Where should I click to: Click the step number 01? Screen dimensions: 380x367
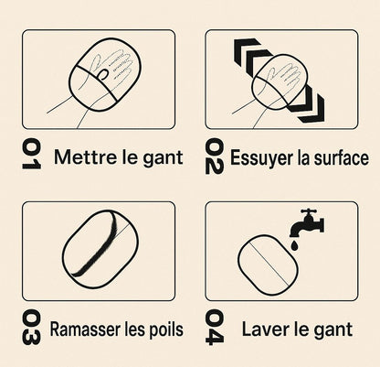click(31, 154)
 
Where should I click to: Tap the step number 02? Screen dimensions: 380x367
click(215, 157)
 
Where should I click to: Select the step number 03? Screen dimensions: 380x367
click(31, 328)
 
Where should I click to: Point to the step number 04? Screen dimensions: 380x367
click(215, 327)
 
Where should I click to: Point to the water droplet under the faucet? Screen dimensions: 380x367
click(294, 245)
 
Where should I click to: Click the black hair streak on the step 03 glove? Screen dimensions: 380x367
click(97, 244)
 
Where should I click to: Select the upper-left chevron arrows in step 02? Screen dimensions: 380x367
click(252, 54)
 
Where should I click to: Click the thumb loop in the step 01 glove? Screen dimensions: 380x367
click(102, 74)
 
